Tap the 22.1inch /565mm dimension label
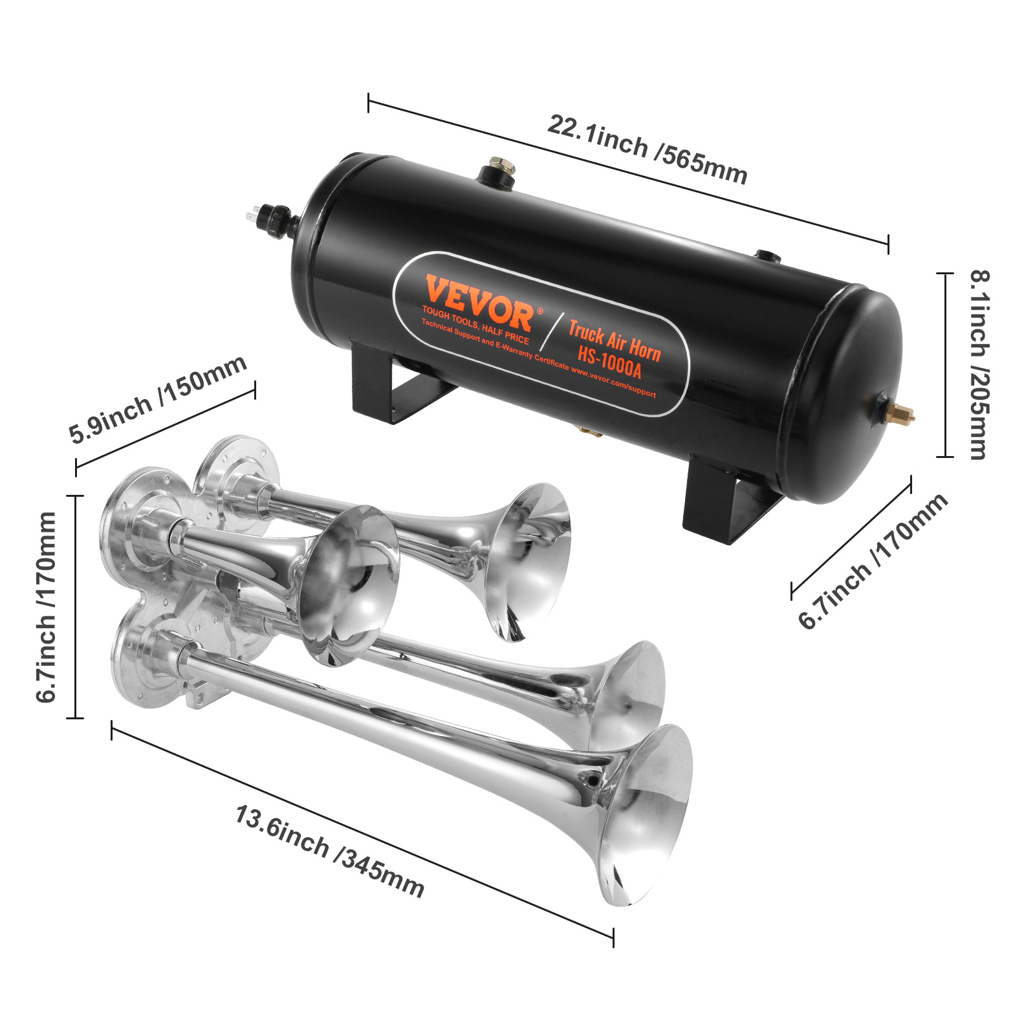(648, 149)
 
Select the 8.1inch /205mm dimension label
(979, 365)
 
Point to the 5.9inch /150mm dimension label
(158, 399)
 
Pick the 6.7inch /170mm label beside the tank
(873, 561)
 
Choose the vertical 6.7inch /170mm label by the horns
(47, 607)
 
